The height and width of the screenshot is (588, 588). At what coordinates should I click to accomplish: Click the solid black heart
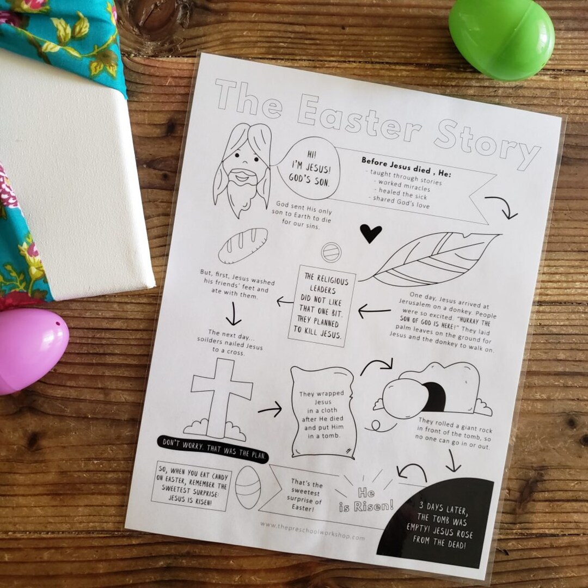(371, 233)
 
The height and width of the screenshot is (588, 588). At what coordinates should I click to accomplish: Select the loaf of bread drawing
(243, 245)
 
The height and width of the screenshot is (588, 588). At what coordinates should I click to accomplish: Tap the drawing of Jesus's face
(242, 168)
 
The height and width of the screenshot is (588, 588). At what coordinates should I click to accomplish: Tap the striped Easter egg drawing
(248, 487)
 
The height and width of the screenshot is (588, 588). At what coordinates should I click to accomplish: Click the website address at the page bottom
(313, 530)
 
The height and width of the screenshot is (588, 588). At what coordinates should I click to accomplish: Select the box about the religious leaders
(321, 306)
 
